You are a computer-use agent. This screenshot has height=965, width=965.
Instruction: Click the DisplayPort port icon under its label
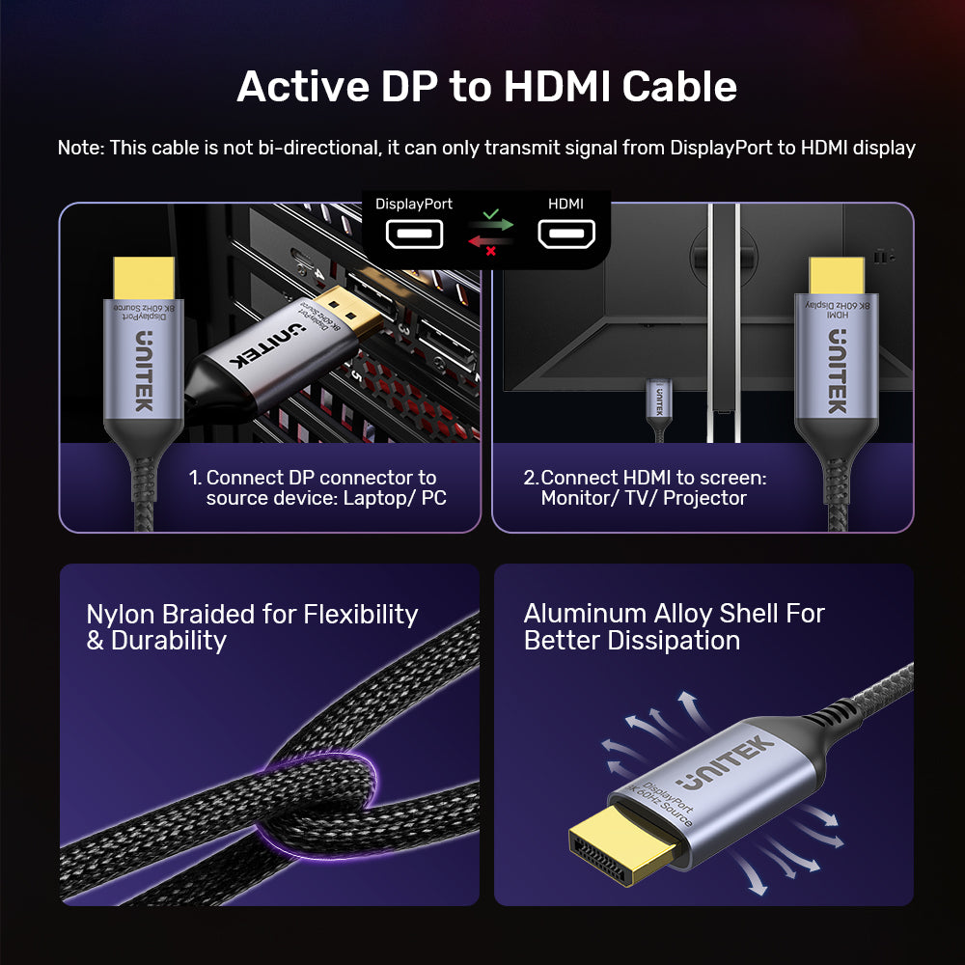coord(414,234)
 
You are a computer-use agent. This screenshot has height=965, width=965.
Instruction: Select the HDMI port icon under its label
coord(566,234)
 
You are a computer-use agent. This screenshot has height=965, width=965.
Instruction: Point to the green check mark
coord(490,212)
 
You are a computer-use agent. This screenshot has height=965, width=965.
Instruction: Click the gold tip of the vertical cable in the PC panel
coord(144,278)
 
